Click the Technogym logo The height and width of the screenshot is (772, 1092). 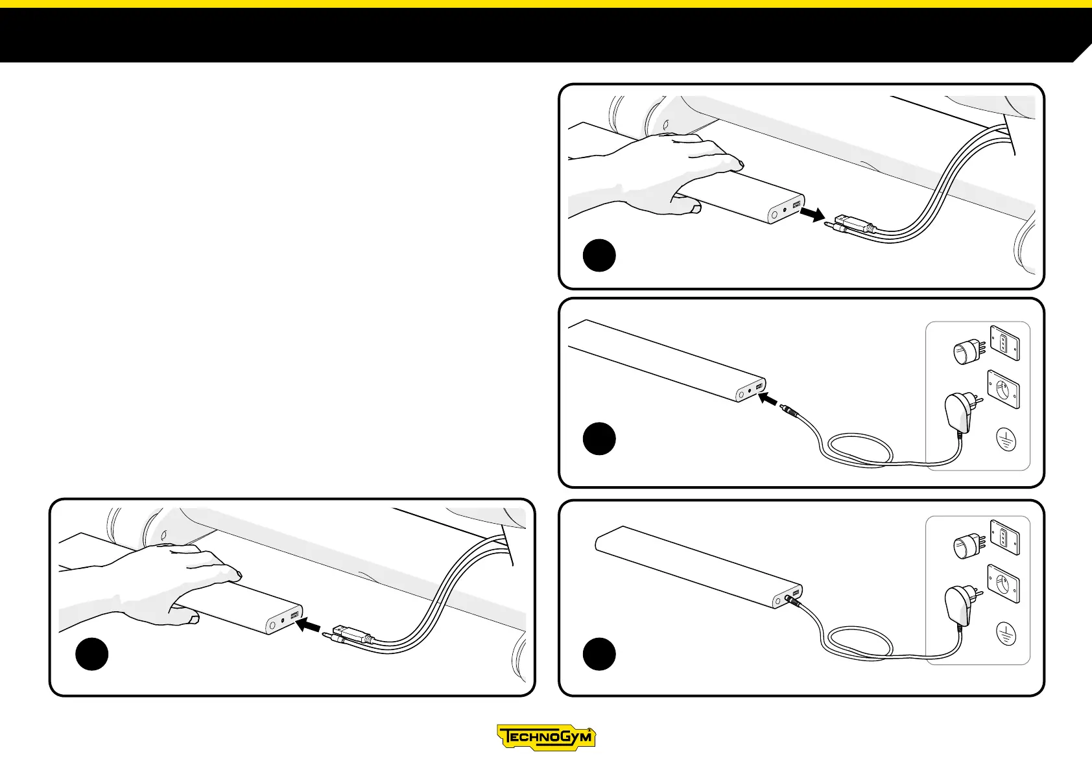[x=546, y=737]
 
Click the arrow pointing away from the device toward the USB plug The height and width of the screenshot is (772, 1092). [x=812, y=214]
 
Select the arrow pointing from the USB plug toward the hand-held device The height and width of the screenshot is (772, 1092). [x=309, y=626]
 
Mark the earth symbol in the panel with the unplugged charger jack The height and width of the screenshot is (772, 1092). [x=1005, y=441]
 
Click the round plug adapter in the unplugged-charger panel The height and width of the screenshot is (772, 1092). [x=965, y=353]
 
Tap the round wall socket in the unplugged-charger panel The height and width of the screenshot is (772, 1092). [x=1003, y=390]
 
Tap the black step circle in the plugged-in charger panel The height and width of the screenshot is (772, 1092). [x=599, y=654]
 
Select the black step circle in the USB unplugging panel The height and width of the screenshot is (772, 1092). [x=599, y=255]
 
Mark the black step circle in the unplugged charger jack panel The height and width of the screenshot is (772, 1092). [x=599, y=439]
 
